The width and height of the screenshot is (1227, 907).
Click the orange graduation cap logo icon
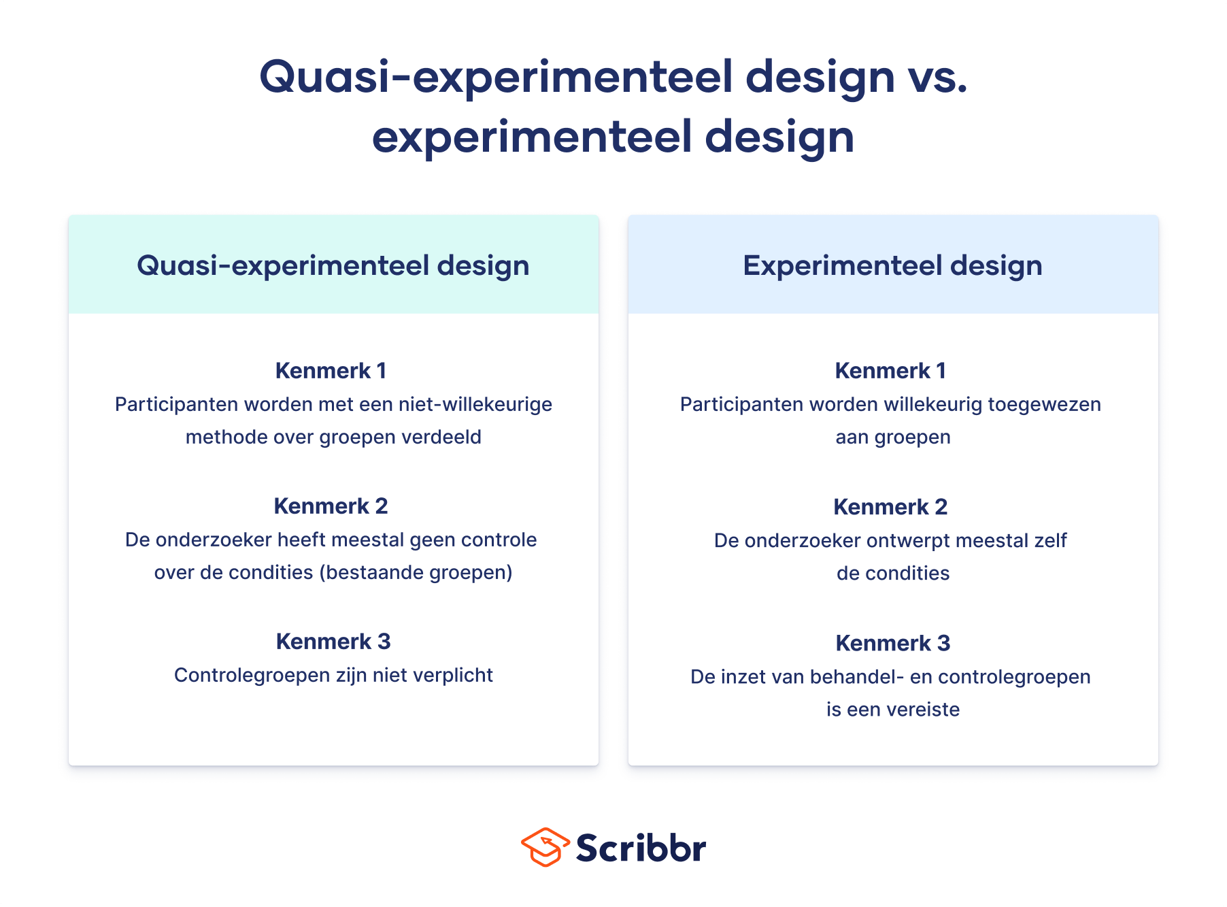pos(545,847)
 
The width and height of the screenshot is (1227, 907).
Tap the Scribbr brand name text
pos(641,848)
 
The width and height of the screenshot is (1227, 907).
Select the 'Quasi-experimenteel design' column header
pos(333,265)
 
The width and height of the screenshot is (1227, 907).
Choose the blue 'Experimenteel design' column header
pos(893,265)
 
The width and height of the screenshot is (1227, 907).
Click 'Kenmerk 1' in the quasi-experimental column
pos(331,371)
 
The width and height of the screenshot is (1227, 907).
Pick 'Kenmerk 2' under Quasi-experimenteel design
pos(331,506)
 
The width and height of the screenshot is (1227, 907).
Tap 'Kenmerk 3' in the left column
pos(333,642)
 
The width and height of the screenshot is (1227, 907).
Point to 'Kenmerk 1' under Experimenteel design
pos(891,371)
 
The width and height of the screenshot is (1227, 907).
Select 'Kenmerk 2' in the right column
pos(891,507)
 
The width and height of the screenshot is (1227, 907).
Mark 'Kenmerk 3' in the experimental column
pos(893,643)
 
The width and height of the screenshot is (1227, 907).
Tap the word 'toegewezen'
pos(1045,405)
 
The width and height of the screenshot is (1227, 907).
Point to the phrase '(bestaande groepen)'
pos(416,573)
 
